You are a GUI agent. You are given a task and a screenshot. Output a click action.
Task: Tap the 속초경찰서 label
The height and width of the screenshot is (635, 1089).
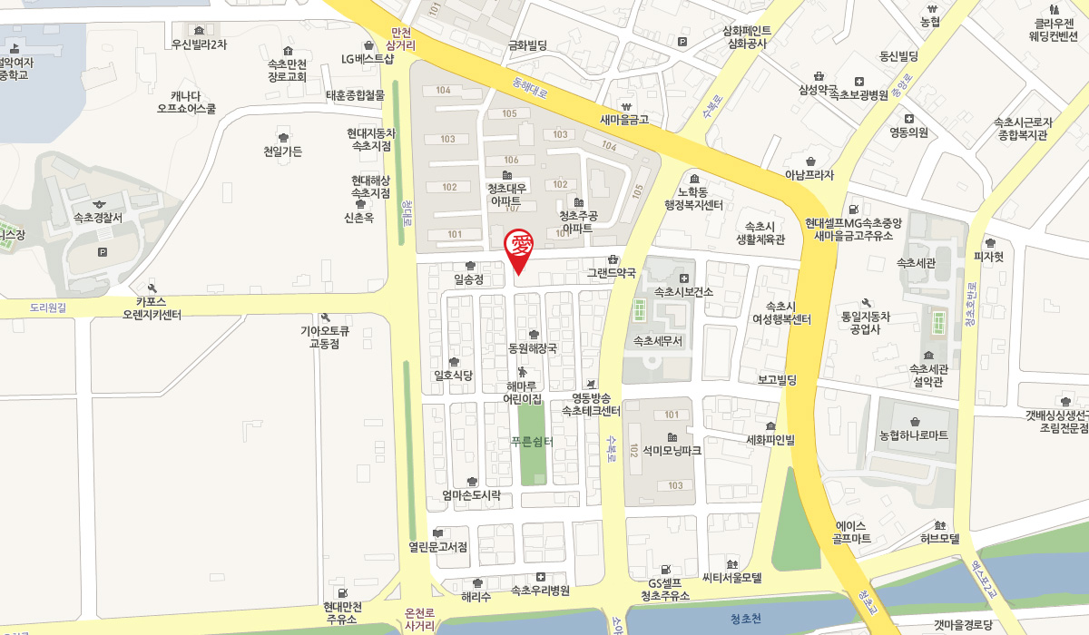click(x=99, y=219)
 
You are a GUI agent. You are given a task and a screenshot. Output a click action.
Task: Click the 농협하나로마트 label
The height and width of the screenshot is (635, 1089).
click(x=913, y=435)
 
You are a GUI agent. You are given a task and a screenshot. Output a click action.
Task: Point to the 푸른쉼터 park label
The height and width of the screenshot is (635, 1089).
click(x=532, y=441)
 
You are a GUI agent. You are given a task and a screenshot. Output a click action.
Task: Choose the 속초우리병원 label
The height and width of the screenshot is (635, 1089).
click(x=540, y=591)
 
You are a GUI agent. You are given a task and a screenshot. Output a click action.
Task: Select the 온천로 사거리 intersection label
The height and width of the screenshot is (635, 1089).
click(x=420, y=619)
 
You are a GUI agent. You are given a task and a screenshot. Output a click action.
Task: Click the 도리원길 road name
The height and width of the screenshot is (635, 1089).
click(x=48, y=308)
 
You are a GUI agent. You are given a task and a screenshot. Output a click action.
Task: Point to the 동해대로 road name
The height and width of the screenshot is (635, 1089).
click(x=529, y=88)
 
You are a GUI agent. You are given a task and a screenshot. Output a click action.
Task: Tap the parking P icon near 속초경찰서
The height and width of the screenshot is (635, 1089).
click(x=101, y=251)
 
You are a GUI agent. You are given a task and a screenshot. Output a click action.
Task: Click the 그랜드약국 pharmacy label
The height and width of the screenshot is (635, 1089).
click(x=611, y=272)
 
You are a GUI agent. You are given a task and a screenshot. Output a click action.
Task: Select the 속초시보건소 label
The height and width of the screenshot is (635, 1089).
click(x=683, y=291)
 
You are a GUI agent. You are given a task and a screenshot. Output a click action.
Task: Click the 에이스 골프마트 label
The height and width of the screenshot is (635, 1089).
click(x=851, y=532)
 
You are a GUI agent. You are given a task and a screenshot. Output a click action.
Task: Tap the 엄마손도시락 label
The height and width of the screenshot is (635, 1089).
click(x=471, y=495)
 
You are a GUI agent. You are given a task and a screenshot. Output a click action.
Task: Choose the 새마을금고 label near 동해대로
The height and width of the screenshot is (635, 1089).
click(x=624, y=119)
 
